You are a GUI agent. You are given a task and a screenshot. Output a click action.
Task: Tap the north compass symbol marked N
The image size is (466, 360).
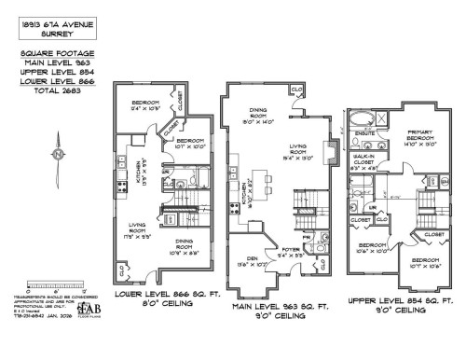[58, 153]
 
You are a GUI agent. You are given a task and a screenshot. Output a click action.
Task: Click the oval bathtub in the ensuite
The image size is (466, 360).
[360, 119]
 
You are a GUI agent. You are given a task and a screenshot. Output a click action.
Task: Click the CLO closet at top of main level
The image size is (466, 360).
[295, 90]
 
